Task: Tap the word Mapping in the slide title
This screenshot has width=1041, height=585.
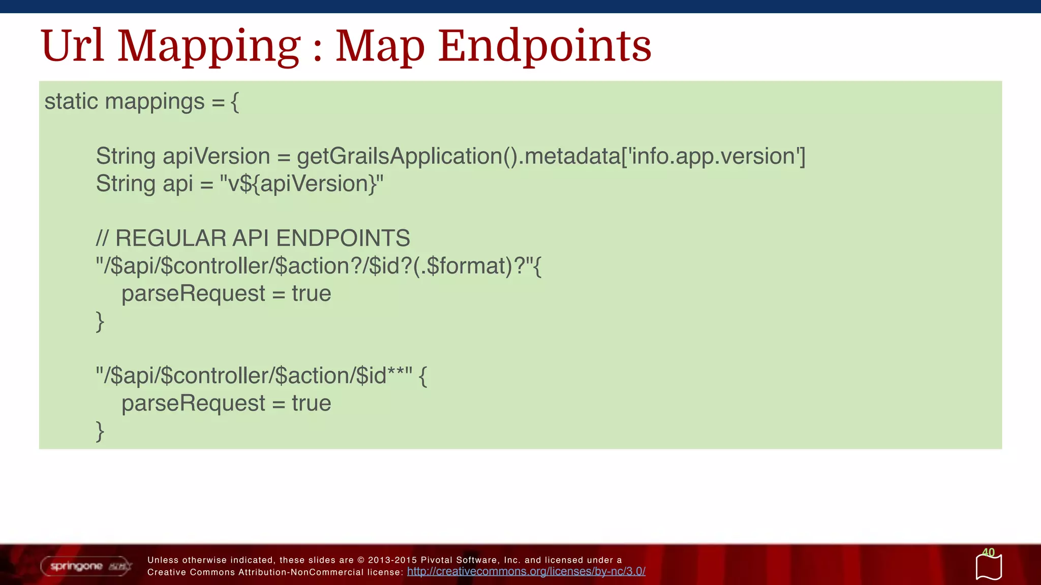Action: (x=209, y=47)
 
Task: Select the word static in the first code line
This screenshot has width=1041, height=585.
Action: (x=71, y=101)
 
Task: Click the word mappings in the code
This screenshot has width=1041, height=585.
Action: (x=155, y=102)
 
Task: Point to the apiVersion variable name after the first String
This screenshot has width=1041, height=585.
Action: (x=216, y=156)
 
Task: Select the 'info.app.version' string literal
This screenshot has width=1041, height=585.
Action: (x=714, y=156)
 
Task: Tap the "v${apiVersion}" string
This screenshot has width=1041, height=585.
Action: (x=301, y=184)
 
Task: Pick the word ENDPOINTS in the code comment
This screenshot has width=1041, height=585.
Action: (x=343, y=238)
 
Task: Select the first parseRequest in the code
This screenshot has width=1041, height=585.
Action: (x=193, y=294)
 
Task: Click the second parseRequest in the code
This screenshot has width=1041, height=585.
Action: (x=193, y=404)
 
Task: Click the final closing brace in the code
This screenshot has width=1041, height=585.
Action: (x=100, y=431)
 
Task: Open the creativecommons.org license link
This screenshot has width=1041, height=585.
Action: (x=526, y=572)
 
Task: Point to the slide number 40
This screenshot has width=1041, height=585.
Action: (x=988, y=552)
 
